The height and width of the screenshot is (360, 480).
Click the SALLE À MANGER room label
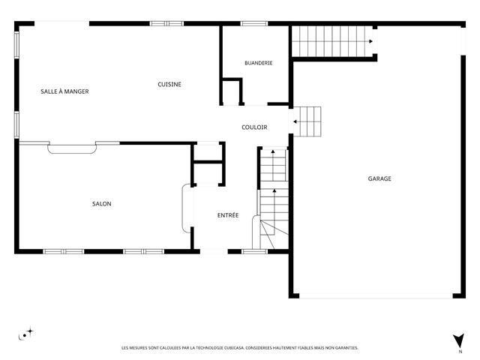[64, 91]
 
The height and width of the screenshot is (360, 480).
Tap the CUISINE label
[169, 84]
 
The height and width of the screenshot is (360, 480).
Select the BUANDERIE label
[258, 63]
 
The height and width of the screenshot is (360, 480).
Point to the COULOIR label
[254, 127]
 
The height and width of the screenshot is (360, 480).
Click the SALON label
[102, 203]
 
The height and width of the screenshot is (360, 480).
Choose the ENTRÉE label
[228, 215]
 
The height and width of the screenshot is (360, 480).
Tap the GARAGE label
[379, 178]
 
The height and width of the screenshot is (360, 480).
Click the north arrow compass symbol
[458, 340]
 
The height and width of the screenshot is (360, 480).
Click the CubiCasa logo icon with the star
[26, 334]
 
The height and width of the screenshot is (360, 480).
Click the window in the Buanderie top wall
[253, 23]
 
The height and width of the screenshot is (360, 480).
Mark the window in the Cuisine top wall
[166, 23]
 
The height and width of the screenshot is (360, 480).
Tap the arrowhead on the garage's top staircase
[370, 41]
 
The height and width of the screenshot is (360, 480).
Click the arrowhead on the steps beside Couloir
[295, 121]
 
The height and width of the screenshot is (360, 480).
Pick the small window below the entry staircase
[255, 252]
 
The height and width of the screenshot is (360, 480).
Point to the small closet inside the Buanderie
[232, 91]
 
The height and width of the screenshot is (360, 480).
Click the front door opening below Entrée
[214, 252]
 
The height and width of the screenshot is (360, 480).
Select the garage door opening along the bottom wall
[376, 296]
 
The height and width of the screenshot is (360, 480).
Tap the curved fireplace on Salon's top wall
[72, 148]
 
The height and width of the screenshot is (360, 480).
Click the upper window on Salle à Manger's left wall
[16, 45]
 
